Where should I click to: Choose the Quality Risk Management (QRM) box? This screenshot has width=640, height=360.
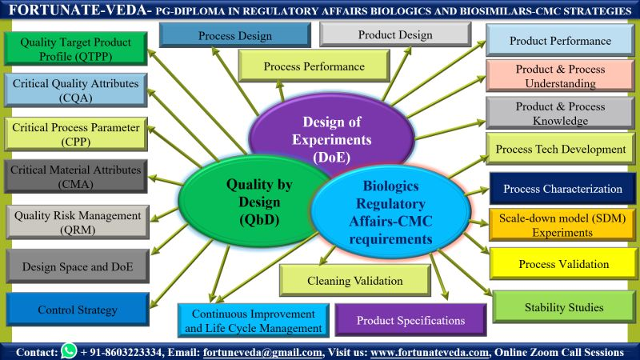click(78, 222)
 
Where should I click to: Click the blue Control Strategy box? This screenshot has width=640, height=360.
click(78, 310)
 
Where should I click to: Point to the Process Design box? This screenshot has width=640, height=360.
click(234, 36)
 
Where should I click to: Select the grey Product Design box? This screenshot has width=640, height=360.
click(395, 35)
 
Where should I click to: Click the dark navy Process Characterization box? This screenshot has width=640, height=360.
click(562, 190)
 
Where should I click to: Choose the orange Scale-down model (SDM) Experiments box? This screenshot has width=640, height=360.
click(562, 225)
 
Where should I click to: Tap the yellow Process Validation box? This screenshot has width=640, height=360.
click(563, 264)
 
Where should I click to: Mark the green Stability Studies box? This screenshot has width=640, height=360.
click(563, 307)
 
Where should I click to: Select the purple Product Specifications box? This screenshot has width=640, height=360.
click(410, 320)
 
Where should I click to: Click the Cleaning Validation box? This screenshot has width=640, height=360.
click(355, 281)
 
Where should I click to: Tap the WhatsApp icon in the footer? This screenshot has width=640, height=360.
click(69, 351)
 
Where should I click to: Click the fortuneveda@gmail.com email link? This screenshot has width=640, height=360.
click(262, 352)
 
